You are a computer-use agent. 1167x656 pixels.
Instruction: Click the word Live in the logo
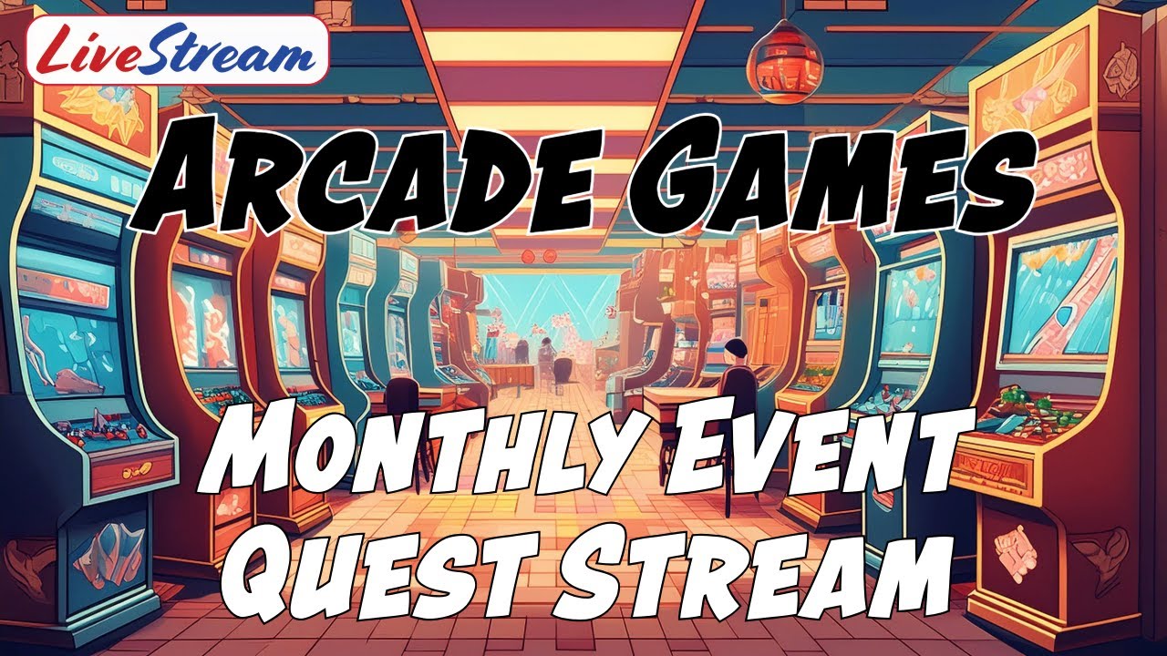pos(87,51)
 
